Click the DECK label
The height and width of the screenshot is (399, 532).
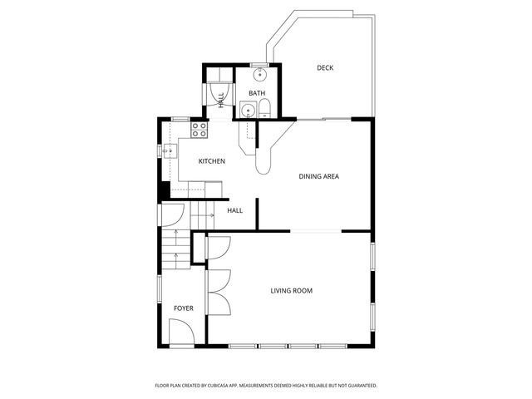pyautogui.click(x=324, y=67)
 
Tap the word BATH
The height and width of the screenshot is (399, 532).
pyautogui.click(x=257, y=93)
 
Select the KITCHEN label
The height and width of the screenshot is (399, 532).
pyautogui.click(x=211, y=161)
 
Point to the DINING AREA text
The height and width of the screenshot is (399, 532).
pyautogui.click(x=318, y=176)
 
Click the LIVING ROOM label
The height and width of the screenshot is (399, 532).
pyautogui.click(x=291, y=290)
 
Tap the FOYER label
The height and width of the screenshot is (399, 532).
pyautogui.click(x=183, y=308)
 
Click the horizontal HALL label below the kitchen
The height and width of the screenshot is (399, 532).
pyautogui.click(x=235, y=211)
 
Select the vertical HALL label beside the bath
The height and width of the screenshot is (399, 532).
pyautogui.click(x=220, y=99)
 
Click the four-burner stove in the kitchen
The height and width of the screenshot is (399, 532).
pyautogui.click(x=199, y=130)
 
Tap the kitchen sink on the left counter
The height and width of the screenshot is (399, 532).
pyautogui.click(x=169, y=151)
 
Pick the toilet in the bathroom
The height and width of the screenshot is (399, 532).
pyautogui.click(x=264, y=108)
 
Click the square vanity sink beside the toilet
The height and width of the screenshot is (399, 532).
pyautogui.click(x=247, y=110)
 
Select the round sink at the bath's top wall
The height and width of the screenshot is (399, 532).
pyautogui.click(x=259, y=72)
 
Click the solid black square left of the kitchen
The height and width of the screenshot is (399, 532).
pyautogui.click(x=164, y=190)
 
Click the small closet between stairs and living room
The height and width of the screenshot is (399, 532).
pyautogui.click(x=199, y=249)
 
